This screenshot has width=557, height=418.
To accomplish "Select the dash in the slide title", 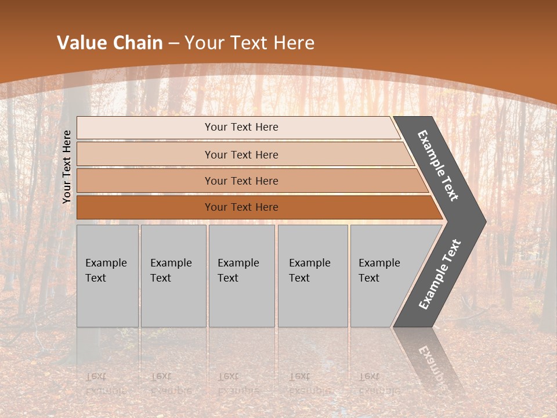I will (173, 44).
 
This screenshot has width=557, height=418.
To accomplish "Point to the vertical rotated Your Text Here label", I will (67, 167).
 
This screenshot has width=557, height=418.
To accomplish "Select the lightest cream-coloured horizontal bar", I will (238, 127).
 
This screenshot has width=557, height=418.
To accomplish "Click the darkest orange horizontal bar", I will (255, 207).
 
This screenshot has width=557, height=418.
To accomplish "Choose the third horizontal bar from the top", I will (249, 181).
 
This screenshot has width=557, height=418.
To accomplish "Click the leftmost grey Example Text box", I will (107, 276).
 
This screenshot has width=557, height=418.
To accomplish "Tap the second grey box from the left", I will (173, 276).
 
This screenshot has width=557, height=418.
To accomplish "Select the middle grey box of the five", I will (241, 276).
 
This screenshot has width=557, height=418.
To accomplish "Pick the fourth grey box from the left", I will (313, 276).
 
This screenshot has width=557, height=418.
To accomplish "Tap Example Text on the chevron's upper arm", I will (438, 165).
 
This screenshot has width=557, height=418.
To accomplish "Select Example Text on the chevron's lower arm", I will (439, 274).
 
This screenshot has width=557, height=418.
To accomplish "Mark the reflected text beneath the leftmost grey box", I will (106, 383).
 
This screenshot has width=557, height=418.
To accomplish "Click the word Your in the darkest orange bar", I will (215, 207).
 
